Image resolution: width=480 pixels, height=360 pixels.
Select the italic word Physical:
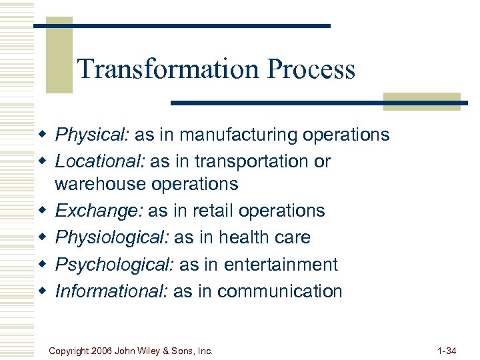pyautogui.click(x=92, y=135)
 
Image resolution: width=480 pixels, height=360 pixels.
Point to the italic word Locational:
pyautogui.click(x=99, y=162)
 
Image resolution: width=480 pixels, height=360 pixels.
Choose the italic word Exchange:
pyautogui.click(x=99, y=211)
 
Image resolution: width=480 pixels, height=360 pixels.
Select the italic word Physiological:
pyautogui.click(x=115, y=238)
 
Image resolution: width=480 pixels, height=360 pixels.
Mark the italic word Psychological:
pyautogui.click(x=115, y=265)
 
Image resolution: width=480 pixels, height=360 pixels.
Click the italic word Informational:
pyautogui.click(x=111, y=291)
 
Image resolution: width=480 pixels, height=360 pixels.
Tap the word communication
pyautogui.click(x=279, y=291)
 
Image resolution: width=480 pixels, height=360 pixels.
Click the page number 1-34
pyautogui.click(x=446, y=349)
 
